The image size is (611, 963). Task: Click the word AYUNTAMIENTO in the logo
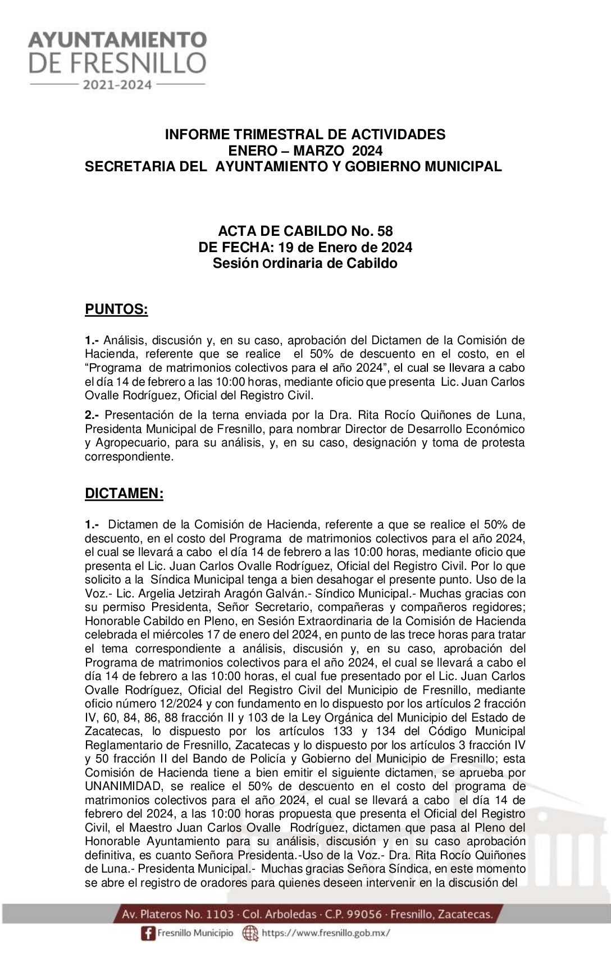(x=117, y=40)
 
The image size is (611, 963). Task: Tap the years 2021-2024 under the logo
(x=117, y=85)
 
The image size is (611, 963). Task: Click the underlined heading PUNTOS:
(x=116, y=309)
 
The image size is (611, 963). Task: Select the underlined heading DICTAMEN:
(x=124, y=494)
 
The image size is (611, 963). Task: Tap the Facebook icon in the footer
(x=148, y=933)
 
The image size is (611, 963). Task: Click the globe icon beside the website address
(x=250, y=933)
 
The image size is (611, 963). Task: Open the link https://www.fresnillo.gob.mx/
(x=326, y=933)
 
